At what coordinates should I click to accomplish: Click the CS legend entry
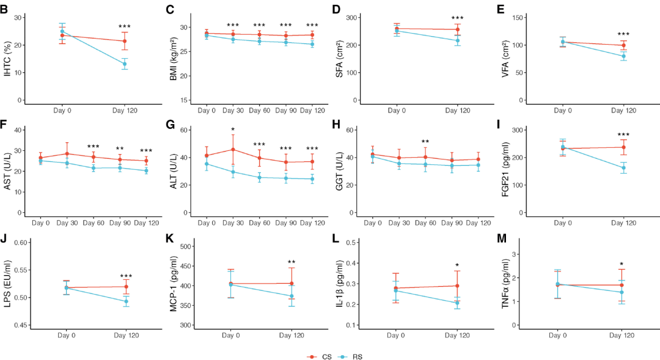pyautogui.click(x=320, y=356)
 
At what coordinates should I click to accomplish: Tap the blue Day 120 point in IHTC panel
pyautogui.click(x=125, y=64)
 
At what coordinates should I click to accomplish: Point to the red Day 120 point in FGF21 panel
pyautogui.click(x=623, y=147)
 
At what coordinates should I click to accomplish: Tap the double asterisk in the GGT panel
pyautogui.click(x=425, y=142)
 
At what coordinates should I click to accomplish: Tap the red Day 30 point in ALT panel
pyautogui.click(x=233, y=150)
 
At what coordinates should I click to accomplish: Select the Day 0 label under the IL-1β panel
pyautogui.click(x=395, y=336)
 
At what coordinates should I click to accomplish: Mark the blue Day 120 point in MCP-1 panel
pyautogui.click(x=291, y=296)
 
